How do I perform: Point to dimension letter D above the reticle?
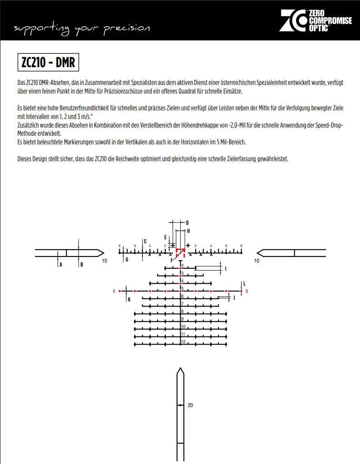187,222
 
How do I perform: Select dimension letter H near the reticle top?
188,231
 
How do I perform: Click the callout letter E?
165,237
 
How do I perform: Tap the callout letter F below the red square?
172,261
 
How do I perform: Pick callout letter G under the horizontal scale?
127,260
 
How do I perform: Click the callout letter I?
226,268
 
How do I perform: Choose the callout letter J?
234,298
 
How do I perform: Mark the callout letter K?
129,300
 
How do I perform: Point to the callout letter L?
244,283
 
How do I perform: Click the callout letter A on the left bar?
60,265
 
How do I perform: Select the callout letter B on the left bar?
81,265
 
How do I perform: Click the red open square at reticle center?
180,252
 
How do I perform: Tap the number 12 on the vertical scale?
183,341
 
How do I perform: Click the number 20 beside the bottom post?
190,405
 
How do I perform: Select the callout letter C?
145,242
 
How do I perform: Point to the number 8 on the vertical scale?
182,311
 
